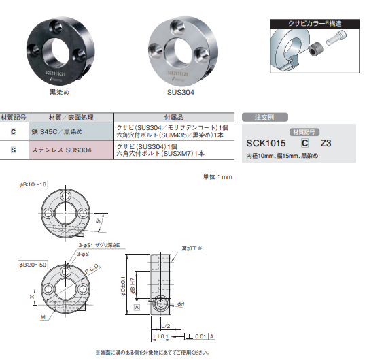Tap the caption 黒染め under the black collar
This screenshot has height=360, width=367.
pyautogui.click(x=60, y=91)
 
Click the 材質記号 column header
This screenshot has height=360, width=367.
pyautogui.click(x=14, y=117)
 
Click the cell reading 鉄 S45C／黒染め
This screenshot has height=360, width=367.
pyautogui.click(x=58, y=131)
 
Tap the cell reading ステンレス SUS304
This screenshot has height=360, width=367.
pyautogui.click(x=61, y=150)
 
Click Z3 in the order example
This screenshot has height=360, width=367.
pyautogui.click(x=326, y=144)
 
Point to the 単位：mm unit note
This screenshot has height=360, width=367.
pyautogui.click(x=217, y=176)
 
